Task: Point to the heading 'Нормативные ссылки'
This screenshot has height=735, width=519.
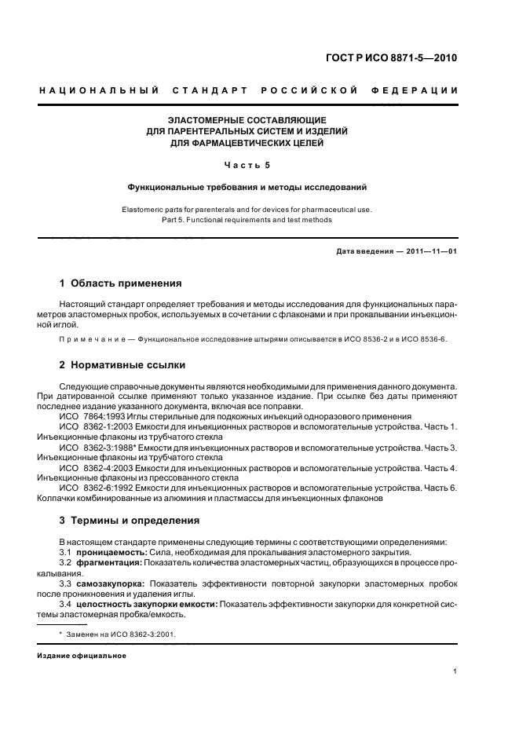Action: click(129, 365)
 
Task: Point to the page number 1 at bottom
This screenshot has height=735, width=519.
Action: click(455, 671)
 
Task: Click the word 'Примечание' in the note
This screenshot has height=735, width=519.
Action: click(90, 338)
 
